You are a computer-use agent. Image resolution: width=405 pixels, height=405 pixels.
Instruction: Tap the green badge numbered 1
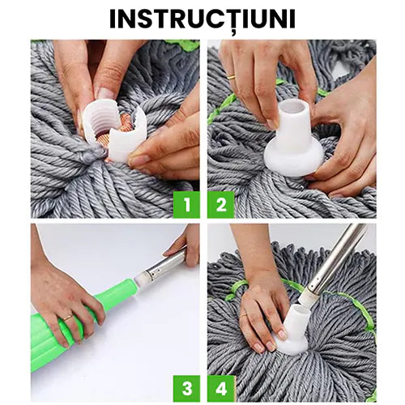pos(185,204)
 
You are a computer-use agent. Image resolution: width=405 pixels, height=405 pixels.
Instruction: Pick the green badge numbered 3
pos(185,386)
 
